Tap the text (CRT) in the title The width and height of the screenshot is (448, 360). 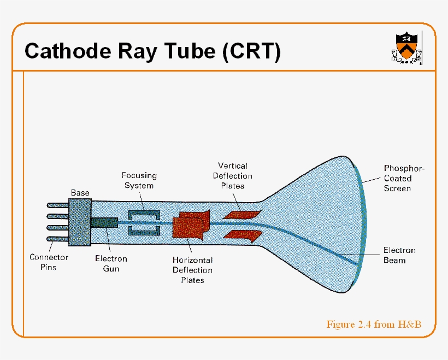(251, 51)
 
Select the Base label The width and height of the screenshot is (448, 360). (80, 192)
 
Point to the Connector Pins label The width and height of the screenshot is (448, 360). (49, 262)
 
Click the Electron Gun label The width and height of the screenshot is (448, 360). (111, 263)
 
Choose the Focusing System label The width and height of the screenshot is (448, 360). (139, 180)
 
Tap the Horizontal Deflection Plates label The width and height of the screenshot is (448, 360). (192, 270)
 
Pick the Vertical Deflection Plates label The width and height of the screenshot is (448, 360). (233, 175)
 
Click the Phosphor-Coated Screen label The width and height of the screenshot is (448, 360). (404, 178)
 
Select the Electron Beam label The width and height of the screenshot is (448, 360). (399, 255)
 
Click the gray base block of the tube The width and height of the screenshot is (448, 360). (80, 222)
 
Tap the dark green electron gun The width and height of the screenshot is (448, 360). (104, 222)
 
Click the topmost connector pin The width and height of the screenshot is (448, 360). (57, 206)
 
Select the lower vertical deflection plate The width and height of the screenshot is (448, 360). (241, 235)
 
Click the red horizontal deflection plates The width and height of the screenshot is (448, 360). (188, 225)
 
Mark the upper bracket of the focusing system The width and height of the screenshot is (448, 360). (144, 213)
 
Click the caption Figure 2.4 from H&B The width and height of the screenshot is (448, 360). (374, 324)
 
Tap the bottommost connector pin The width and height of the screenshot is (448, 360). (57, 239)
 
